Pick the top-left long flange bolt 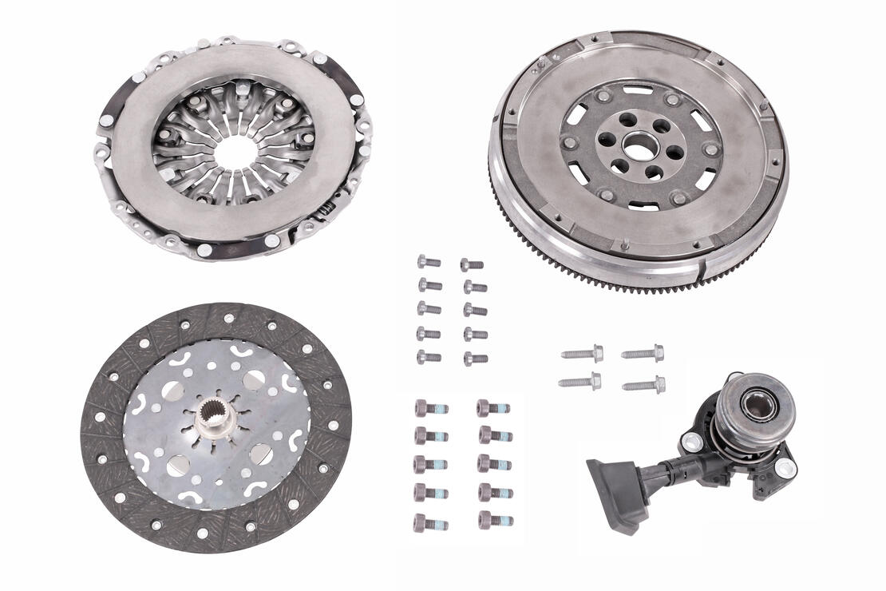coord(582,352)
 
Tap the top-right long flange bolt coord(643,352)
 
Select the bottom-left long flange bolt coord(580,383)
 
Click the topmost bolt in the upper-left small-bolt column coord(429,261)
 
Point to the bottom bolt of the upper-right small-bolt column coord(474,359)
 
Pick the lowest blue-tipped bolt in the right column coord(495,521)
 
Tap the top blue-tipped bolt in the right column coord(493,408)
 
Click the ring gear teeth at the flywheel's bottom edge coord(639,286)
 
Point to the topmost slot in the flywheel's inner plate coord(639,89)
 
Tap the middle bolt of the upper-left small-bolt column coord(429,308)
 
